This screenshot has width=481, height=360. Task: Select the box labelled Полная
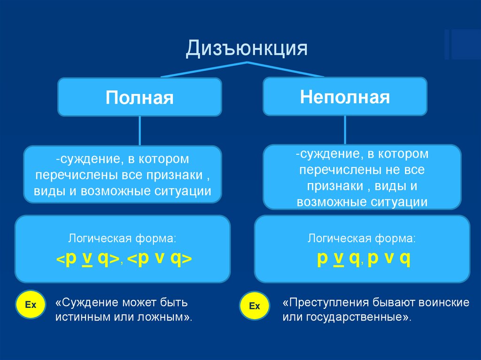pyautogui.click(x=140, y=98)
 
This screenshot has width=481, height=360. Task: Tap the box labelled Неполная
pyautogui.click(x=345, y=97)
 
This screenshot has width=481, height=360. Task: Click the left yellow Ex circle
pyautogui.click(x=31, y=305)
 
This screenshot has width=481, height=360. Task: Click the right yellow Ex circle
pyautogui.click(x=254, y=306)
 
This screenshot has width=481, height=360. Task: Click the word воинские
pyautogui.click(x=444, y=302)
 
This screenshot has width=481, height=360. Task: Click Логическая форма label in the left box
pyautogui.click(x=123, y=238)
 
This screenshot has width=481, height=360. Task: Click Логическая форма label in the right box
pyautogui.click(x=362, y=238)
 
